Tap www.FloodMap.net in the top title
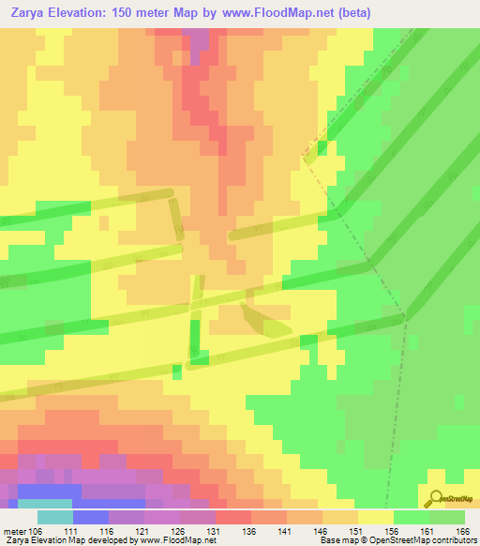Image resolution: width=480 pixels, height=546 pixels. point(272,12)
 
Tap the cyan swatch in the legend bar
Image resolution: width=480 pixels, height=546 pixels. point(54,517)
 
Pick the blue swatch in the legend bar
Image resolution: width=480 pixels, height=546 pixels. point(90,517)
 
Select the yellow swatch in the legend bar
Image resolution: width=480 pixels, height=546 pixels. point(375,517)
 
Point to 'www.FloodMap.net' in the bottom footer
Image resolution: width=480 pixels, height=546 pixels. point(172,540)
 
